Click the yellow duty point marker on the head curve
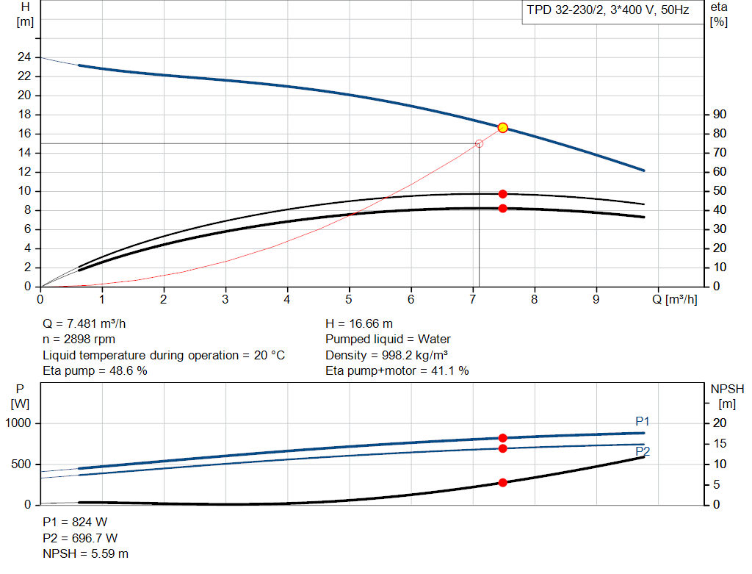point(503,128)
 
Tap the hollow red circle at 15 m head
point(480,144)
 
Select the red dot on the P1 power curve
point(503,438)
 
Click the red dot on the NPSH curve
point(503,483)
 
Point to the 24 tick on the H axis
point(24,57)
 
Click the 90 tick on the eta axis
point(719,115)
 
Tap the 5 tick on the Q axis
point(350,299)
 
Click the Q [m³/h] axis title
point(675,299)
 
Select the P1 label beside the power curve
point(643,421)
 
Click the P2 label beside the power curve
point(643,451)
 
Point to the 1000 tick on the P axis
point(18,423)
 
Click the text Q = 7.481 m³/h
point(90,323)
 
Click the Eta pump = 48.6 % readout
point(95,371)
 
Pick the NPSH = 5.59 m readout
point(86,553)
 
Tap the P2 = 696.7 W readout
point(80,538)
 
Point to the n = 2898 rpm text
point(79,340)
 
